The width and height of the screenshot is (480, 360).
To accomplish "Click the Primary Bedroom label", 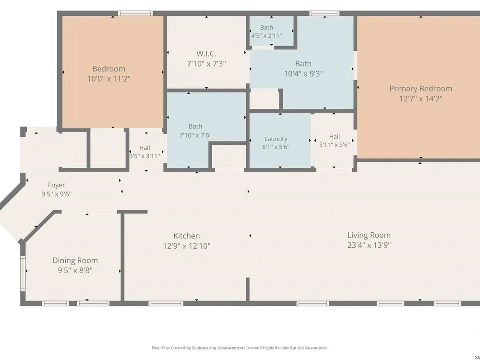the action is tap(420, 89).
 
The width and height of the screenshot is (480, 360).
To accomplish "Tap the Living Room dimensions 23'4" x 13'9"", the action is tap(369, 245).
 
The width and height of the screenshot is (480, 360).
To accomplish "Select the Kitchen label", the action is tap(186, 236).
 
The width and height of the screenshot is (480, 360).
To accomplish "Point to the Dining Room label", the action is tap(75, 261).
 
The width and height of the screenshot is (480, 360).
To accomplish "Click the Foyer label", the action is tap(56, 185).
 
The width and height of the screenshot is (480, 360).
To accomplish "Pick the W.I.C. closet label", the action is tap(206, 54).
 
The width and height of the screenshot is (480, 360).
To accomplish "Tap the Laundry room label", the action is tap(276, 139).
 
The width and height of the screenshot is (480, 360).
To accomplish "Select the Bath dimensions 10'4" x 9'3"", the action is tap(303, 74).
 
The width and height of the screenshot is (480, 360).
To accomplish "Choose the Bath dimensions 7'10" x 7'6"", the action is tap(195, 135).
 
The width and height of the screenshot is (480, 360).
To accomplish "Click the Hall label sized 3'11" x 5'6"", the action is tap(334, 141).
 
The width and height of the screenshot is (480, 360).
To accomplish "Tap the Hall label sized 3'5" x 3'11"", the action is tap(144, 152).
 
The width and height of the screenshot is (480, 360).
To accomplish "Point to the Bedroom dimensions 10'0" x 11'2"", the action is tap(108, 79).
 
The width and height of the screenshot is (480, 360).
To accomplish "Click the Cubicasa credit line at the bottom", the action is tap(240, 348).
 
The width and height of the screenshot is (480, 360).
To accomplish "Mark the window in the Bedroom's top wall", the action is tap(135, 13).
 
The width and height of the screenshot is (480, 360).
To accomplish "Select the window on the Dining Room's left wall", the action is tap(23, 274).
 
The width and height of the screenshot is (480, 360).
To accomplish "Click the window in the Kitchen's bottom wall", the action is tap(166, 303).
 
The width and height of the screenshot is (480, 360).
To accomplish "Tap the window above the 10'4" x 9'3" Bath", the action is tap(324, 13).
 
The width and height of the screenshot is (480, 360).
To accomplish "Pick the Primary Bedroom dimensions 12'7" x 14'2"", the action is tap(420, 99).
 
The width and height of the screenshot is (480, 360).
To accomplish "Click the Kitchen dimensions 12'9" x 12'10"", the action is tap(186, 246).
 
